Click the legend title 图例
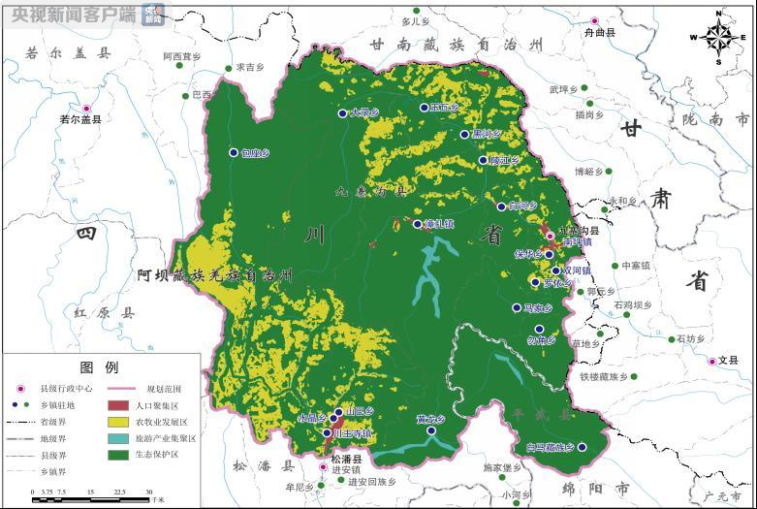click(99, 368)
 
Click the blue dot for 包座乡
click(234, 152)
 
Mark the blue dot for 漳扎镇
click(418, 224)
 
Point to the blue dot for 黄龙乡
click(431, 430)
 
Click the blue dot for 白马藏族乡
click(580, 447)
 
